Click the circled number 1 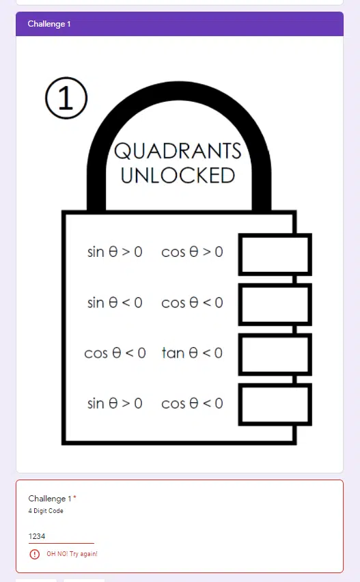(x=66, y=98)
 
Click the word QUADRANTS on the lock (x=178, y=151)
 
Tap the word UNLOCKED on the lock (x=178, y=176)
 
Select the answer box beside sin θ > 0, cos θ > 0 (x=275, y=255)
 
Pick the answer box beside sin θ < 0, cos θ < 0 (x=275, y=305)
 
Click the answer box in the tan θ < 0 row (x=275, y=355)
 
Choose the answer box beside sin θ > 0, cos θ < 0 (x=275, y=404)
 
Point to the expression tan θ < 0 (x=192, y=352)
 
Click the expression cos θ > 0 (x=192, y=252)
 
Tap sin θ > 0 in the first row (x=115, y=252)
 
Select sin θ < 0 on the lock (x=115, y=303)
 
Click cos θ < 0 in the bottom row (x=192, y=404)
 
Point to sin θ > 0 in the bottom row (x=115, y=404)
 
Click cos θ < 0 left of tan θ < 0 (x=115, y=353)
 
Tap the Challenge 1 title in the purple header (x=49, y=24)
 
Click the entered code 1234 (x=37, y=536)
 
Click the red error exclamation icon (x=35, y=554)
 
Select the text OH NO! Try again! (x=72, y=554)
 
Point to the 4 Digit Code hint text (x=46, y=511)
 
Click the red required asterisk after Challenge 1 (x=74, y=497)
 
